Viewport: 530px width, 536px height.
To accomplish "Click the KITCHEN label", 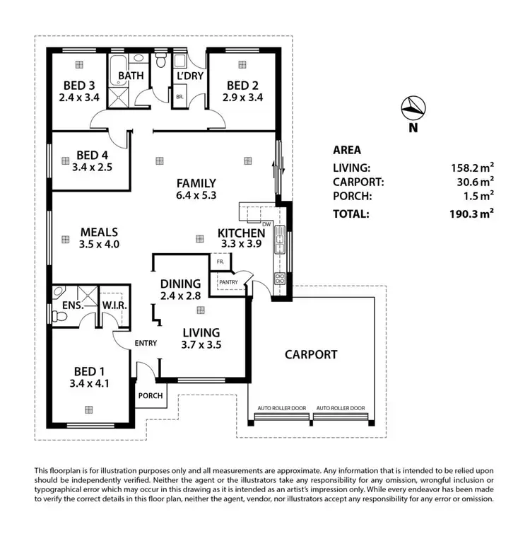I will pos(241,233).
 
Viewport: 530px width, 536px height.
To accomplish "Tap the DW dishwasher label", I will pos(266,225).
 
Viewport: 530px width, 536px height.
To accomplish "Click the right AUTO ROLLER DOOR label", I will pos(341,409).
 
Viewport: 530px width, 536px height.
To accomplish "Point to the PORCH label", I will pos(152,397).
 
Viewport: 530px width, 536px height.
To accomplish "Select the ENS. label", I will pos(74,306).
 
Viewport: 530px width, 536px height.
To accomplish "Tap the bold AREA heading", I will pos(346,150).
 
